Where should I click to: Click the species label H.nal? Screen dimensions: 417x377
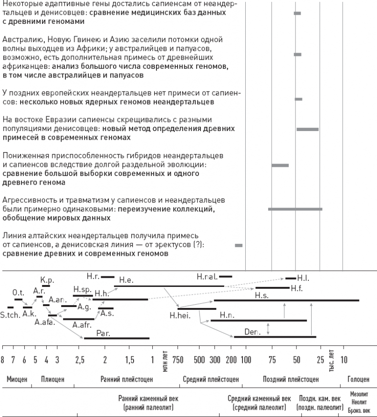pos(207,276)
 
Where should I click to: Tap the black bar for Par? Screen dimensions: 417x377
pos(116,338)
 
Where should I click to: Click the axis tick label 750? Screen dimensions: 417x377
pos(178,359)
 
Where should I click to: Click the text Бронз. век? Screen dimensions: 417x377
pos(359,410)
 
